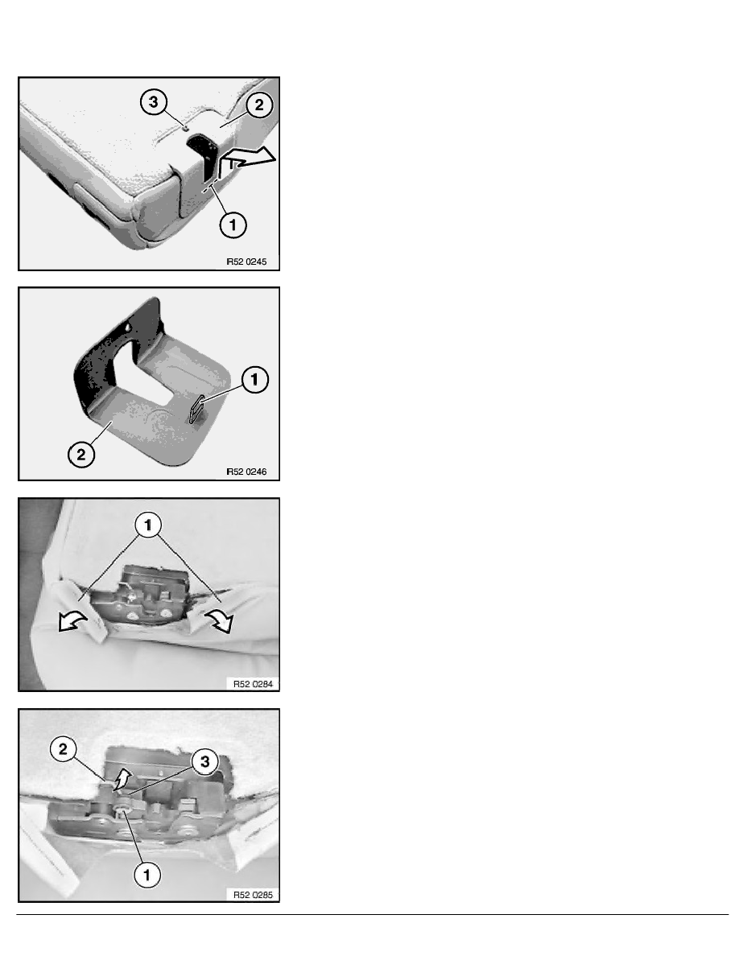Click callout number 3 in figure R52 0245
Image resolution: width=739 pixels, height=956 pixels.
coord(153,102)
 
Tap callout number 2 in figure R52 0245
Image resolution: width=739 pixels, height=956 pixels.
coord(259,105)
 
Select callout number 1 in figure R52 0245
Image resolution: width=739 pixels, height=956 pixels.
coord(233,225)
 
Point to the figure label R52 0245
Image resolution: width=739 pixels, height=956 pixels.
coord(246,262)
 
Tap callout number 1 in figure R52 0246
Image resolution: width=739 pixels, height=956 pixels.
coord(255,380)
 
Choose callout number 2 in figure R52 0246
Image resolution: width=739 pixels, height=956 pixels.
coord(81,454)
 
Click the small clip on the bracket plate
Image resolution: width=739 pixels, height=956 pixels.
coord(195,409)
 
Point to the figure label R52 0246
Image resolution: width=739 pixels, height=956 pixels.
coord(246,472)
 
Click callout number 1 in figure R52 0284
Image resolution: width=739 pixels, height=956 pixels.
coord(148,525)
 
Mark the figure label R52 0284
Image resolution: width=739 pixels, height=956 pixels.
coord(253,684)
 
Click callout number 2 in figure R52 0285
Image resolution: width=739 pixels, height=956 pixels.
coord(64,749)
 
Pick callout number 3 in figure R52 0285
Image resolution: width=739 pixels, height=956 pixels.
coord(204,761)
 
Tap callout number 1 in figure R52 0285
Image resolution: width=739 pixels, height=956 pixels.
coord(147,875)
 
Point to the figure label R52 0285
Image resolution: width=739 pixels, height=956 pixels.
coord(253,895)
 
